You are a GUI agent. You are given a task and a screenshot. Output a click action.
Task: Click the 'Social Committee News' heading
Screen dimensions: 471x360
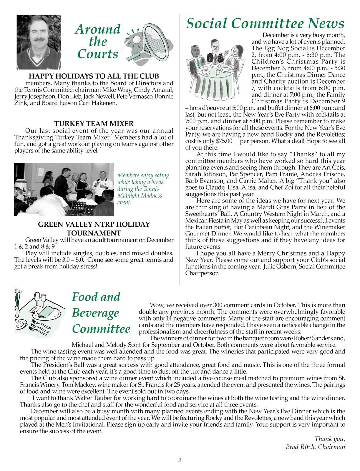tap(265, 23)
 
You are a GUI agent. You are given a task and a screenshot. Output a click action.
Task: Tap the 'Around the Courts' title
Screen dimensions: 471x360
tap(98, 42)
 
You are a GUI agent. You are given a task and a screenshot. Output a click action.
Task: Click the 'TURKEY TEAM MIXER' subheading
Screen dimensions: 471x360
tap(94, 123)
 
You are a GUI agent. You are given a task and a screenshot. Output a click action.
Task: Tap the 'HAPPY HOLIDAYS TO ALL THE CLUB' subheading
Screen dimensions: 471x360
tap(94, 76)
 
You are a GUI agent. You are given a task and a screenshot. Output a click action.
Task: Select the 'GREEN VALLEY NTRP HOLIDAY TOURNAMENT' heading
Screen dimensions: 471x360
tap(94, 228)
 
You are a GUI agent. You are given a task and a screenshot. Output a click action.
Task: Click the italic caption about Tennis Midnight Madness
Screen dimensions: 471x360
tap(143, 189)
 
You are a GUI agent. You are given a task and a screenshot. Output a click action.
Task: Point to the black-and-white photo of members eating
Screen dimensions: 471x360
tap(64, 189)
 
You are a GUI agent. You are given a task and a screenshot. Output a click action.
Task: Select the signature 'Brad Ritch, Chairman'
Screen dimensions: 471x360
tap(315, 447)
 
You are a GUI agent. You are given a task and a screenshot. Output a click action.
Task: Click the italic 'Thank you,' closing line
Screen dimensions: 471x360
tap(330, 439)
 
